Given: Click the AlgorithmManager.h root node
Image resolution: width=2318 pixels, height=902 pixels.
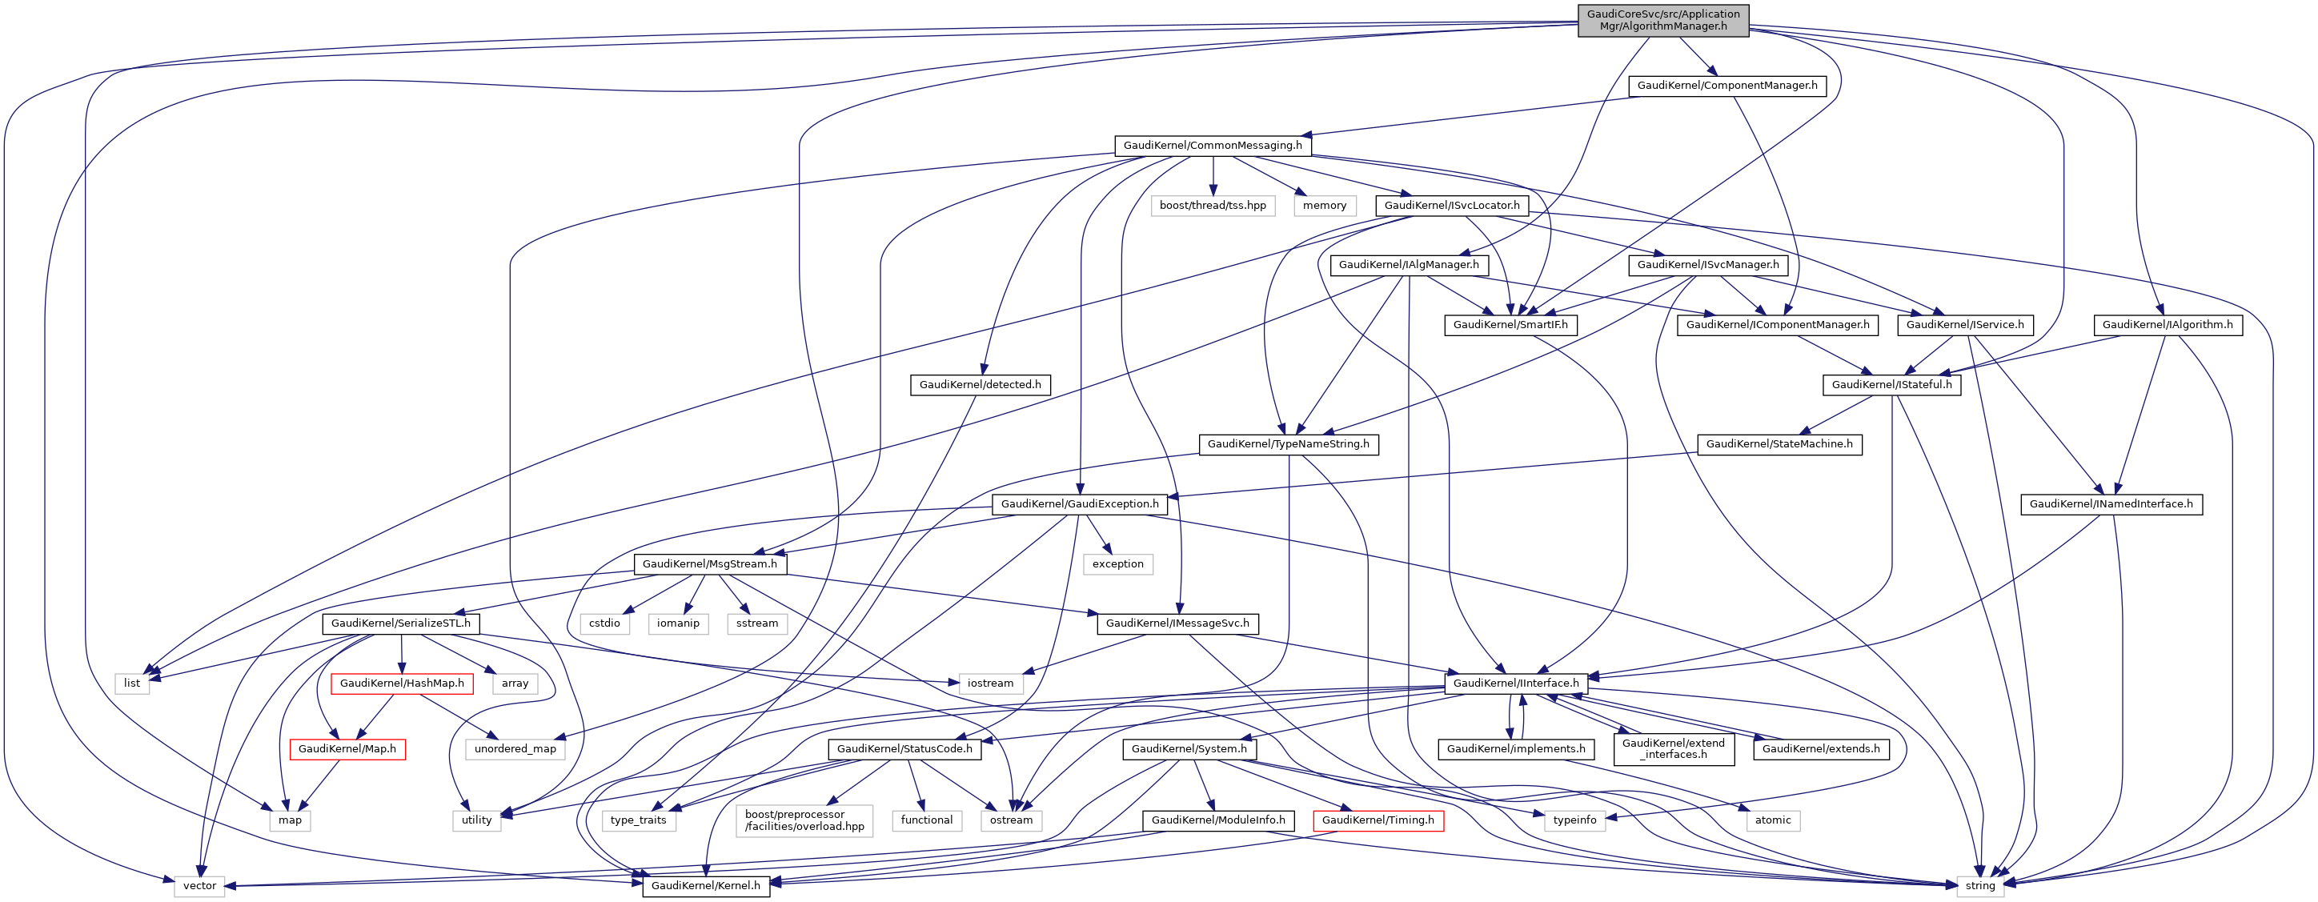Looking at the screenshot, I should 1663,20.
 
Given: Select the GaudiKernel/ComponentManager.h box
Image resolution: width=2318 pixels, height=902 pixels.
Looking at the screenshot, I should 1726,86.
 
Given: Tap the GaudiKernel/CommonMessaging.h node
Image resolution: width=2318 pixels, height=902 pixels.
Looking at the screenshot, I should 1212,145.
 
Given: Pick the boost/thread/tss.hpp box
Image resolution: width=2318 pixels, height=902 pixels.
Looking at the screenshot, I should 1212,205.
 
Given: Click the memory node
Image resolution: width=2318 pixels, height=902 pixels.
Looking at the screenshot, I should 1325,205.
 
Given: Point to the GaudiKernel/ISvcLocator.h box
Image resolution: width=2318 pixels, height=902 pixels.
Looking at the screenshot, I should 1451,205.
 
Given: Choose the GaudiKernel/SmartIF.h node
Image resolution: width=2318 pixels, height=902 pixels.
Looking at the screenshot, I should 1510,325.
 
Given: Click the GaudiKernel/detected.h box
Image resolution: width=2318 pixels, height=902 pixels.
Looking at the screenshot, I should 980,384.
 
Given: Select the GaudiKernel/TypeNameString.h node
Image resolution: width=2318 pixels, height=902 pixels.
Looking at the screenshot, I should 1288,444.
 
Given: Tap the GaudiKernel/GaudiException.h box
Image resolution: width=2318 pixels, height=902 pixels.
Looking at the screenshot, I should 1080,504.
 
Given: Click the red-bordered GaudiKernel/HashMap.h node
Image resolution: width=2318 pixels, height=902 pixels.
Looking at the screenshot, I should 401,684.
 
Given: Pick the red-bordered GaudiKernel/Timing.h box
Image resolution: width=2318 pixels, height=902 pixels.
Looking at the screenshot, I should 1378,820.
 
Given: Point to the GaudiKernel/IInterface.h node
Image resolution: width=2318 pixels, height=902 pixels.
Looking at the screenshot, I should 1515,684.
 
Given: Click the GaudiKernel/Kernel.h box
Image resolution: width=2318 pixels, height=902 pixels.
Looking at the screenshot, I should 705,886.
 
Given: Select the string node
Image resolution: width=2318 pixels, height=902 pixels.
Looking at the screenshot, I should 1979,886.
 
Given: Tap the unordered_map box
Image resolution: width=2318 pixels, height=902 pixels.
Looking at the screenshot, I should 515,749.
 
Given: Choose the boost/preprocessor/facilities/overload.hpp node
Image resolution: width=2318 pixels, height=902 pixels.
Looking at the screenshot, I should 804,820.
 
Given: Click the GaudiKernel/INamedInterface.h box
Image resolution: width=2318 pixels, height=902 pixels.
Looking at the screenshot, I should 2111,504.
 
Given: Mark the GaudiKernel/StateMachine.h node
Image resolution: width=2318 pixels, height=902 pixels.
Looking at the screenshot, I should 1779,444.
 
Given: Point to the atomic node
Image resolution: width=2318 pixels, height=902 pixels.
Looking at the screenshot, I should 1773,820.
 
